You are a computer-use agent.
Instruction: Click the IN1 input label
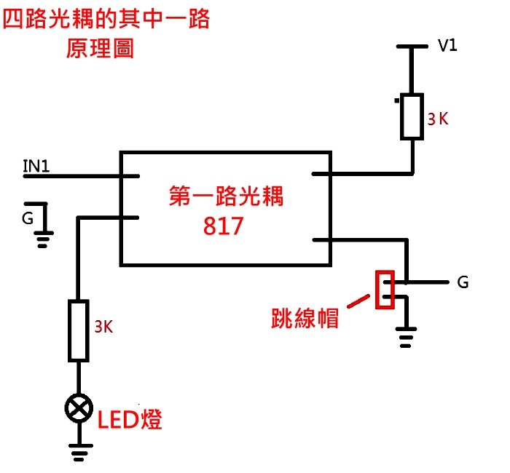pos(36,167)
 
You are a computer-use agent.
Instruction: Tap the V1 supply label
pos(447,46)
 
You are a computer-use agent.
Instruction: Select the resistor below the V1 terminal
pos(412,116)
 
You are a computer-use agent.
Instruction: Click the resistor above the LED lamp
pos(79,330)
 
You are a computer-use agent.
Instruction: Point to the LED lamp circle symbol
pos(78,410)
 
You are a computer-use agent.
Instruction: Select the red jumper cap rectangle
pos(385,290)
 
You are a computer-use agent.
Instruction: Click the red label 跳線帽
pos(305,317)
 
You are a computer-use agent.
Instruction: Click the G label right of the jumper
pos(463,282)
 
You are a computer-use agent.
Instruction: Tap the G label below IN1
pos(27,218)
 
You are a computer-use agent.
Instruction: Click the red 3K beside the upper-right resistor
pos(438,119)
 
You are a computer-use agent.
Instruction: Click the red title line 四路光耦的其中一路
pos(106,20)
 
